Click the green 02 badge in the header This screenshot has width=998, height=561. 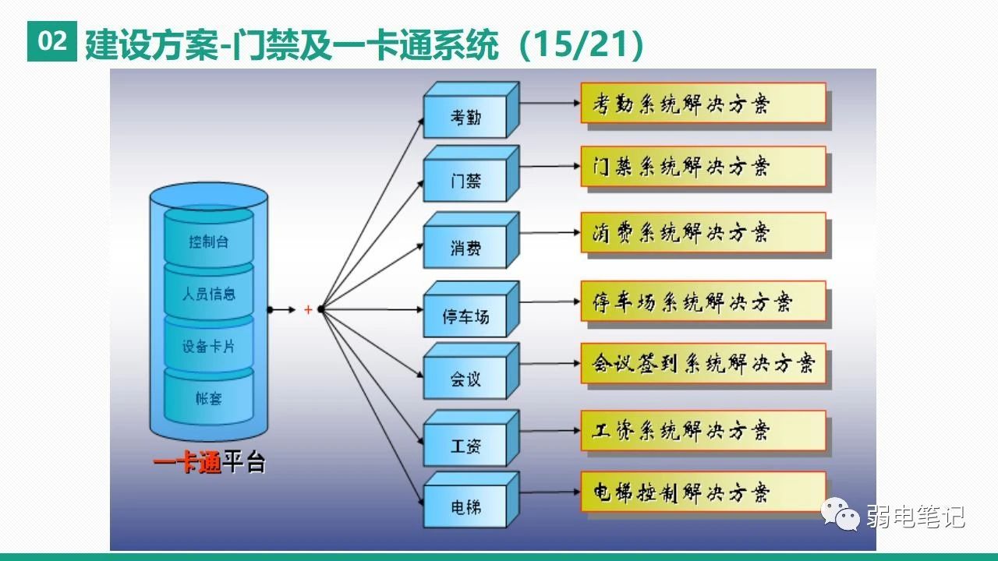click(53, 42)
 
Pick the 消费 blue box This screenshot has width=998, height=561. click(465, 248)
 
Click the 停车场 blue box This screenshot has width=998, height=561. click(465, 316)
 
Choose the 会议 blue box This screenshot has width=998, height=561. click(465, 379)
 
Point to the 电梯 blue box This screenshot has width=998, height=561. click(465, 507)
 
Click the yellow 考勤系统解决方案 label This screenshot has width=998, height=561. click(702, 103)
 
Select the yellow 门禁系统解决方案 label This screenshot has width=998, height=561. click(702, 166)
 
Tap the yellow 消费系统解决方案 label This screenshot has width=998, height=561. click(702, 232)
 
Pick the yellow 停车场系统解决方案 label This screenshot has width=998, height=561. click(702, 301)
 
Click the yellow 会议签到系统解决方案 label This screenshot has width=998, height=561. click(702, 363)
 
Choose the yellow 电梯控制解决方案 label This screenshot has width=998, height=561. click(702, 492)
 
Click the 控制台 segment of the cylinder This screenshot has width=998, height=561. click(209, 241)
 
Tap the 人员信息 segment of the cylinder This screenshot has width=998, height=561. click(209, 294)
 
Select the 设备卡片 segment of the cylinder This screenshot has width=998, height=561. click(209, 346)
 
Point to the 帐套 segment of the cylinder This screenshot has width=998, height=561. click(209, 398)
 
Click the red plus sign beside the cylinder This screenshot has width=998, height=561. click(308, 310)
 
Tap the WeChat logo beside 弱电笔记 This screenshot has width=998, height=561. click(841, 514)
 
